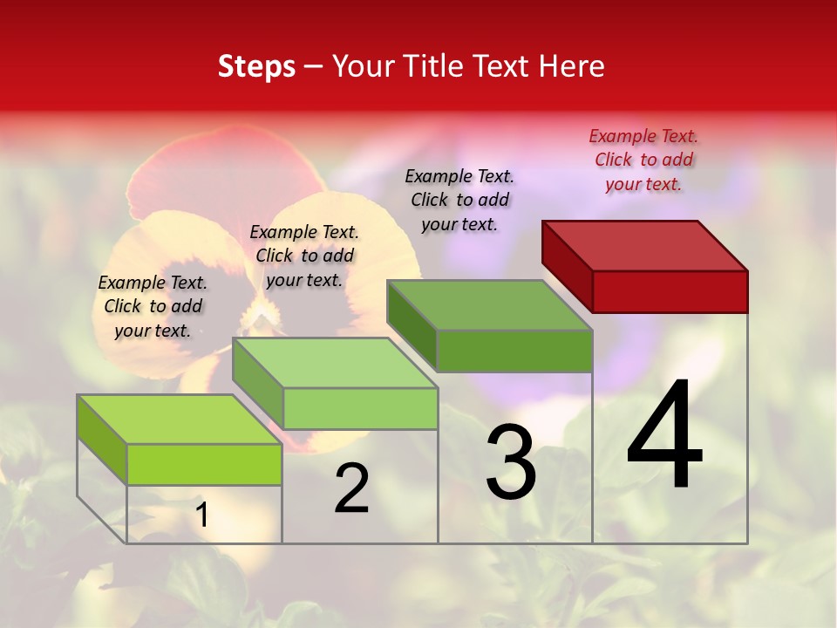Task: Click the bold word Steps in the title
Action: pyautogui.click(x=256, y=66)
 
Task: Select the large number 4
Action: pyautogui.click(x=664, y=436)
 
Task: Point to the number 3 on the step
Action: pyautogui.click(x=511, y=462)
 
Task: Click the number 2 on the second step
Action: pyautogui.click(x=351, y=488)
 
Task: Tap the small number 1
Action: pyautogui.click(x=201, y=515)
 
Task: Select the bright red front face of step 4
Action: pyautogui.click(x=670, y=291)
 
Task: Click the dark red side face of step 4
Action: pyautogui.click(x=567, y=262)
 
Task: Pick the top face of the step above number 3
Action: pyautogui.click(x=490, y=305)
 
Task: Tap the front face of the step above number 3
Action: pyautogui.click(x=514, y=351)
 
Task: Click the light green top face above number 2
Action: pyautogui.click(x=335, y=363)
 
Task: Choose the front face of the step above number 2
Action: pyautogui.click(x=360, y=408)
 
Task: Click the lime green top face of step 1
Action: pyautogui.click(x=180, y=420)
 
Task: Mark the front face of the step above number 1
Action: pyautogui.click(x=204, y=464)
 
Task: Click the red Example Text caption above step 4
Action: pyautogui.click(x=643, y=160)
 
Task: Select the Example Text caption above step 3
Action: pyautogui.click(x=459, y=200)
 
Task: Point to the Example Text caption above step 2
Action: pyautogui.click(x=304, y=256)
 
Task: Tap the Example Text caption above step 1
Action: pyautogui.click(x=153, y=306)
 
